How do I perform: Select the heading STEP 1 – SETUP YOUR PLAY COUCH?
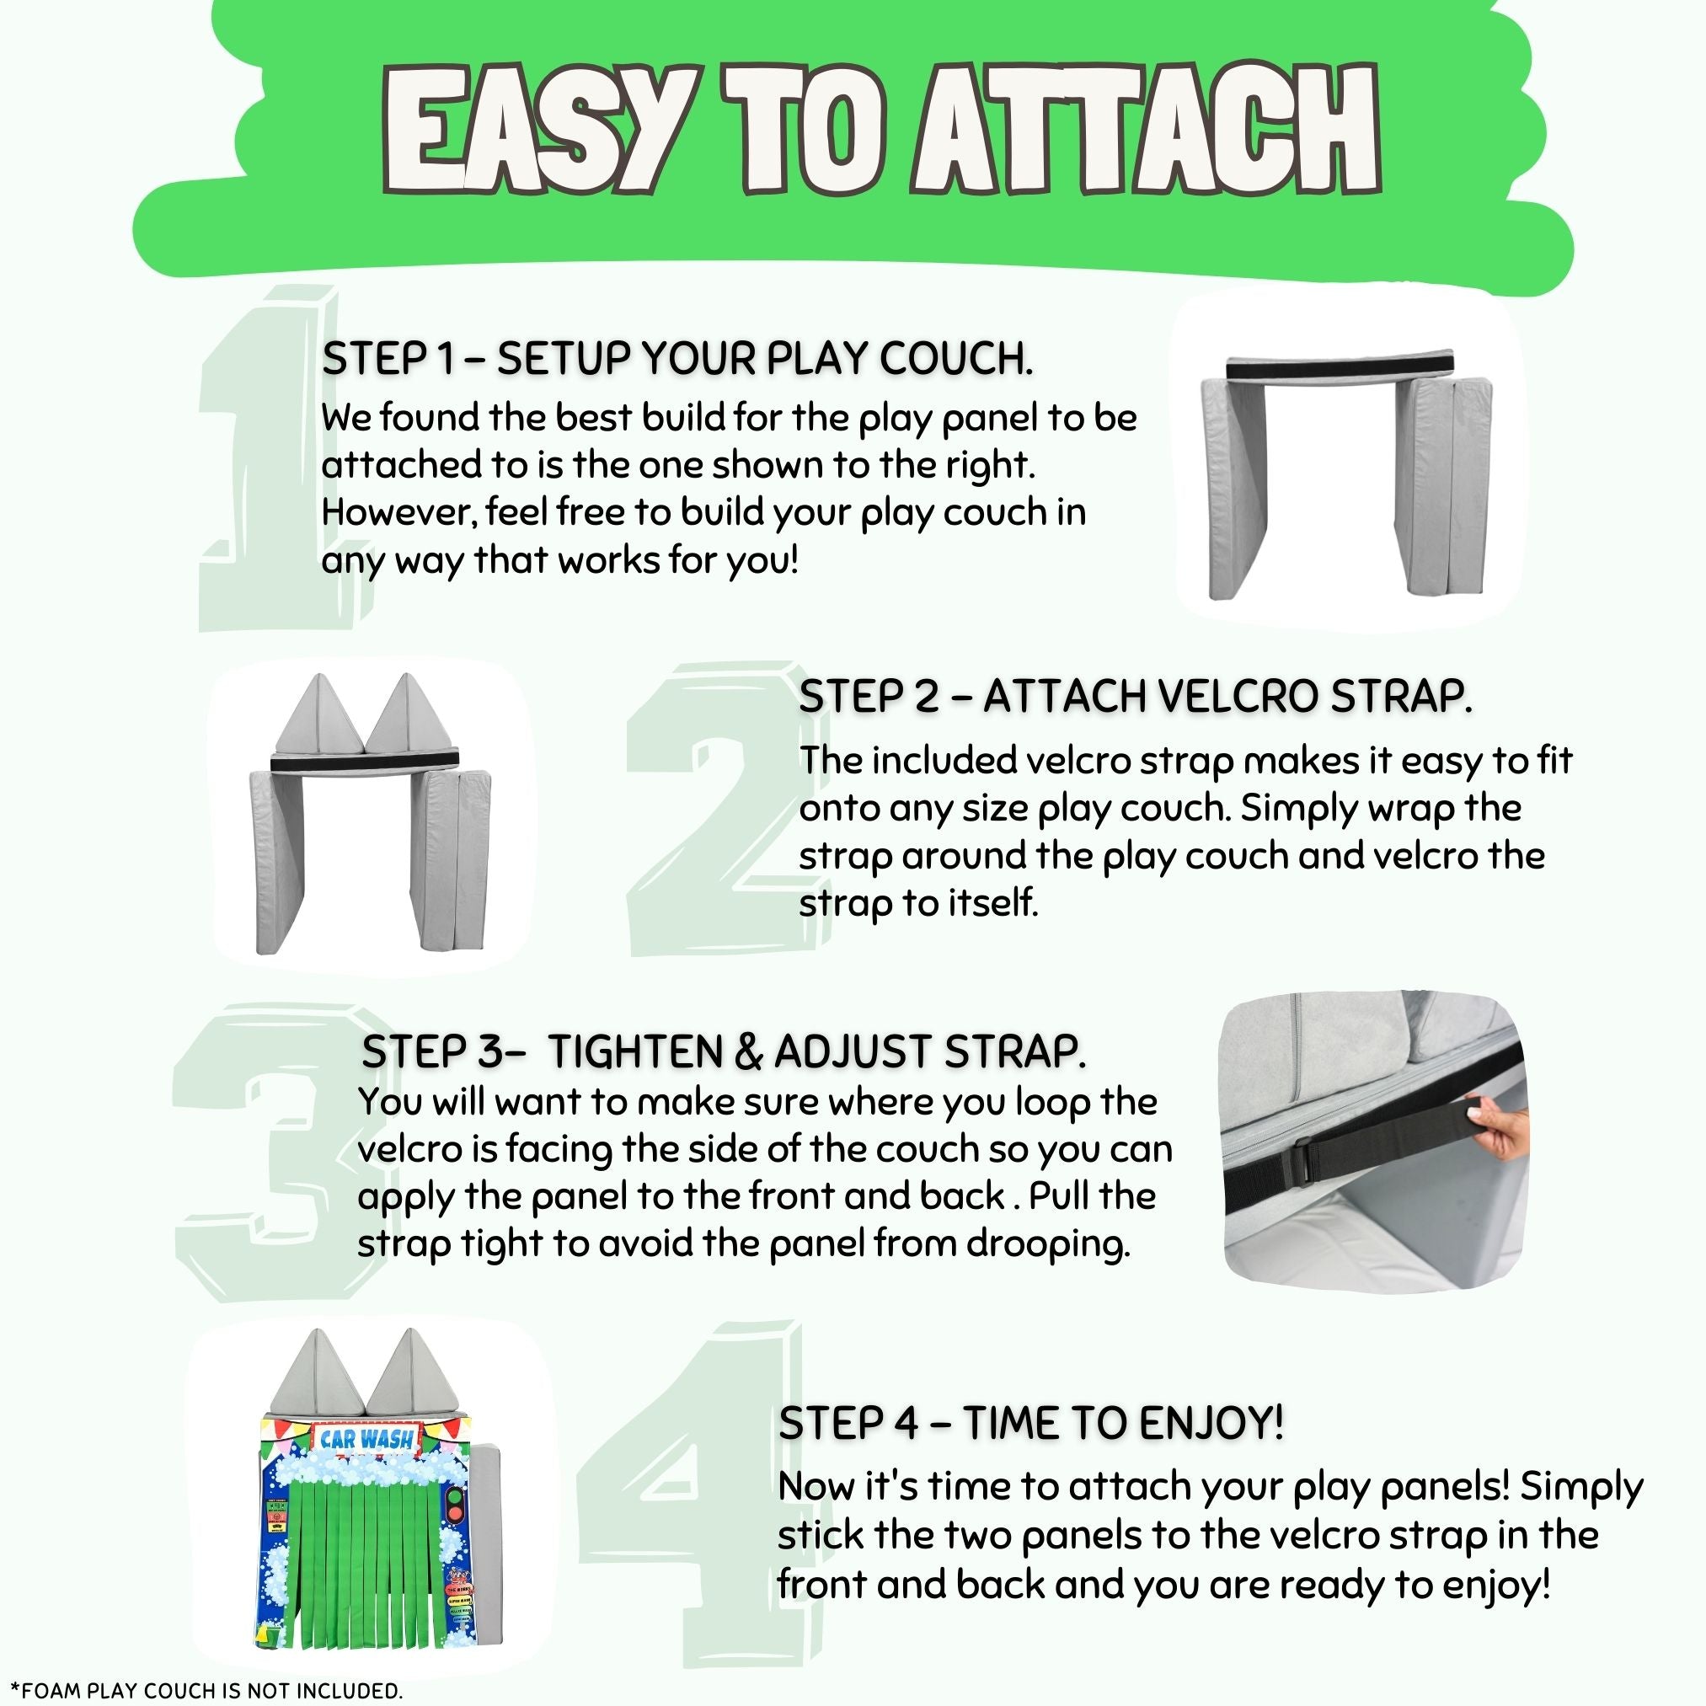pyautogui.click(x=677, y=360)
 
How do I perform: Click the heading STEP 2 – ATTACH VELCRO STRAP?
pyautogui.click(x=1136, y=697)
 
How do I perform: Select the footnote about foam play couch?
pyautogui.click(x=206, y=1690)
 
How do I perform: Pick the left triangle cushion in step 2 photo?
pyautogui.click(x=319, y=713)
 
